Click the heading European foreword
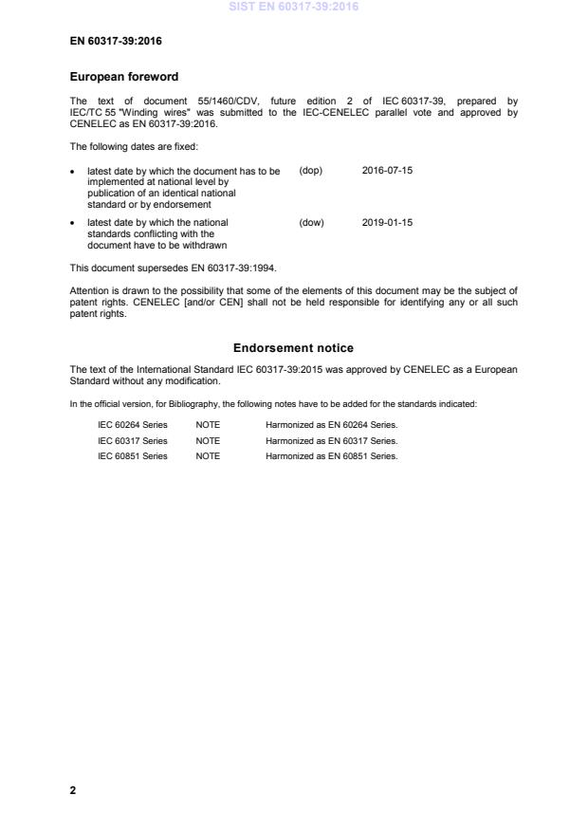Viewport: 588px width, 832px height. [124, 76]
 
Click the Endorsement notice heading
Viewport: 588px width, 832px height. [293, 348]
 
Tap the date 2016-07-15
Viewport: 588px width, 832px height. [387, 171]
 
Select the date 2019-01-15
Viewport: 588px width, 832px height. [387, 223]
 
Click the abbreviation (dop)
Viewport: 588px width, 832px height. [311, 171]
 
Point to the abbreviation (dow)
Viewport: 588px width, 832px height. [311, 223]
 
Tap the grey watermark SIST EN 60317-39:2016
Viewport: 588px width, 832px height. [293, 8]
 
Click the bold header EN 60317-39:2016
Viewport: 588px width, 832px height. [109, 42]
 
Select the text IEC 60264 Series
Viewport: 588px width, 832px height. [133, 425]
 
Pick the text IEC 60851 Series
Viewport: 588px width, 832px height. [133, 456]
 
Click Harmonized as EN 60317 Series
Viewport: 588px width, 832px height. [331, 440]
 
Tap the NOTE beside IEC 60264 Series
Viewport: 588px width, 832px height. [208, 425]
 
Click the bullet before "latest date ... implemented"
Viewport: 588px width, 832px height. [74, 171]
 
